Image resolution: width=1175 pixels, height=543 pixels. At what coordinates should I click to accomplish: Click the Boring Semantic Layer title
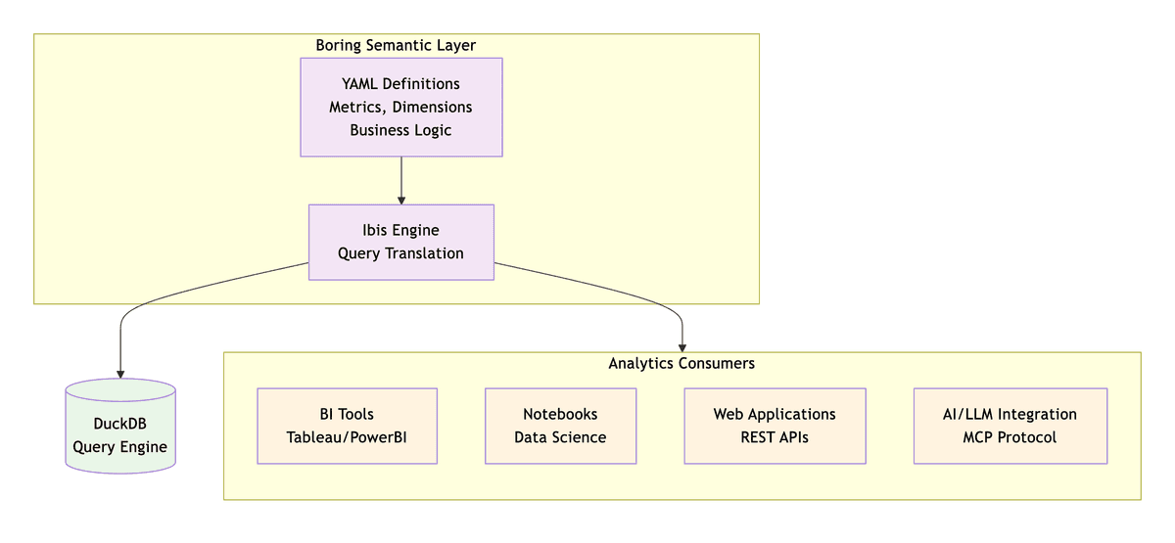[396, 46]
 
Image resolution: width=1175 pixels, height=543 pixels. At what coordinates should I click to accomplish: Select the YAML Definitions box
[400, 107]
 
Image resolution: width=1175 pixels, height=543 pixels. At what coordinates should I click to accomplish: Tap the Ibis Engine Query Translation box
[400, 242]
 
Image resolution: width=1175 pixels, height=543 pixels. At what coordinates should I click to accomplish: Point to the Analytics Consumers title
[681, 363]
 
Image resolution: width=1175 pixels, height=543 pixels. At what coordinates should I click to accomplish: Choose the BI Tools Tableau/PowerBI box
[347, 426]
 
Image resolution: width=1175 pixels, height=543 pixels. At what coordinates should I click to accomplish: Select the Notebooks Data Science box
[560, 426]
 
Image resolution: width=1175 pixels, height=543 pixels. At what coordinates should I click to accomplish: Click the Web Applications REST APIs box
[775, 426]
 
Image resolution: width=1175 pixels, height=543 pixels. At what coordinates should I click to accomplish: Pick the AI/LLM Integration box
[1010, 426]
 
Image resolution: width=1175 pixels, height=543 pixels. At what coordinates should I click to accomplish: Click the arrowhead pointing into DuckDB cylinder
[120, 373]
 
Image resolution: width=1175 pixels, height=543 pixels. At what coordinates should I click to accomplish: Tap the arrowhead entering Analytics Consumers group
[682, 346]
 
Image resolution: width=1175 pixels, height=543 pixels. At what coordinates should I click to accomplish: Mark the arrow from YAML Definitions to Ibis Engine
[401, 180]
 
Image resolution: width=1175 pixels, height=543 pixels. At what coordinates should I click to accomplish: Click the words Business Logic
[400, 130]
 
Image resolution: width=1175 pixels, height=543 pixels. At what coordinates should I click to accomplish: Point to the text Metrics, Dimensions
[400, 107]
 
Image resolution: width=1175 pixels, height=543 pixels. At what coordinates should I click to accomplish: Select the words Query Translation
[400, 253]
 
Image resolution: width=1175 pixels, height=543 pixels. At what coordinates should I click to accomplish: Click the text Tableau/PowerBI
[347, 437]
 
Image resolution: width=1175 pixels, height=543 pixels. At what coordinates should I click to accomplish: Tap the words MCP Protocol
[1010, 437]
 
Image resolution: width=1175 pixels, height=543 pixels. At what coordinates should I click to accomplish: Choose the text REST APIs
[775, 437]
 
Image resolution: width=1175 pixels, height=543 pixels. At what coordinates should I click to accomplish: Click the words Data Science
[560, 437]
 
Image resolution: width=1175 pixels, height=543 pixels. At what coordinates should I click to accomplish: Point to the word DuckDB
[119, 424]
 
